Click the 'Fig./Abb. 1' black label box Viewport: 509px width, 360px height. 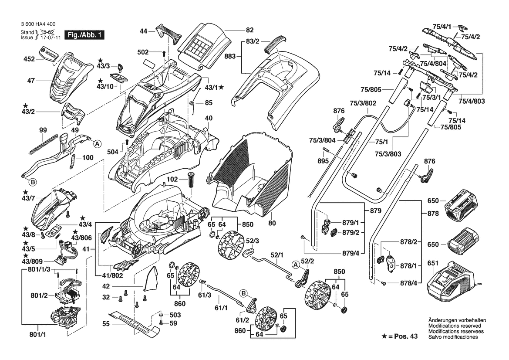[x=84, y=35]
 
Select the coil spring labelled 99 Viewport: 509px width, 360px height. [x=43, y=143]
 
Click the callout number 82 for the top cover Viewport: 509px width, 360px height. [x=249, y=30]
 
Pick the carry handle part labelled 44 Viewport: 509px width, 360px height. [x=171, y=33]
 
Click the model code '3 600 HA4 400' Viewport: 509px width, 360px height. [x=38, y=25]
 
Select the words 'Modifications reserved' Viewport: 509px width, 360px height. [x=455, y=326]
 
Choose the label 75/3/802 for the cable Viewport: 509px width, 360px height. [x=363, y=104]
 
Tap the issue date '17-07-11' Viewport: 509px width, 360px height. [x=50, y=37]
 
